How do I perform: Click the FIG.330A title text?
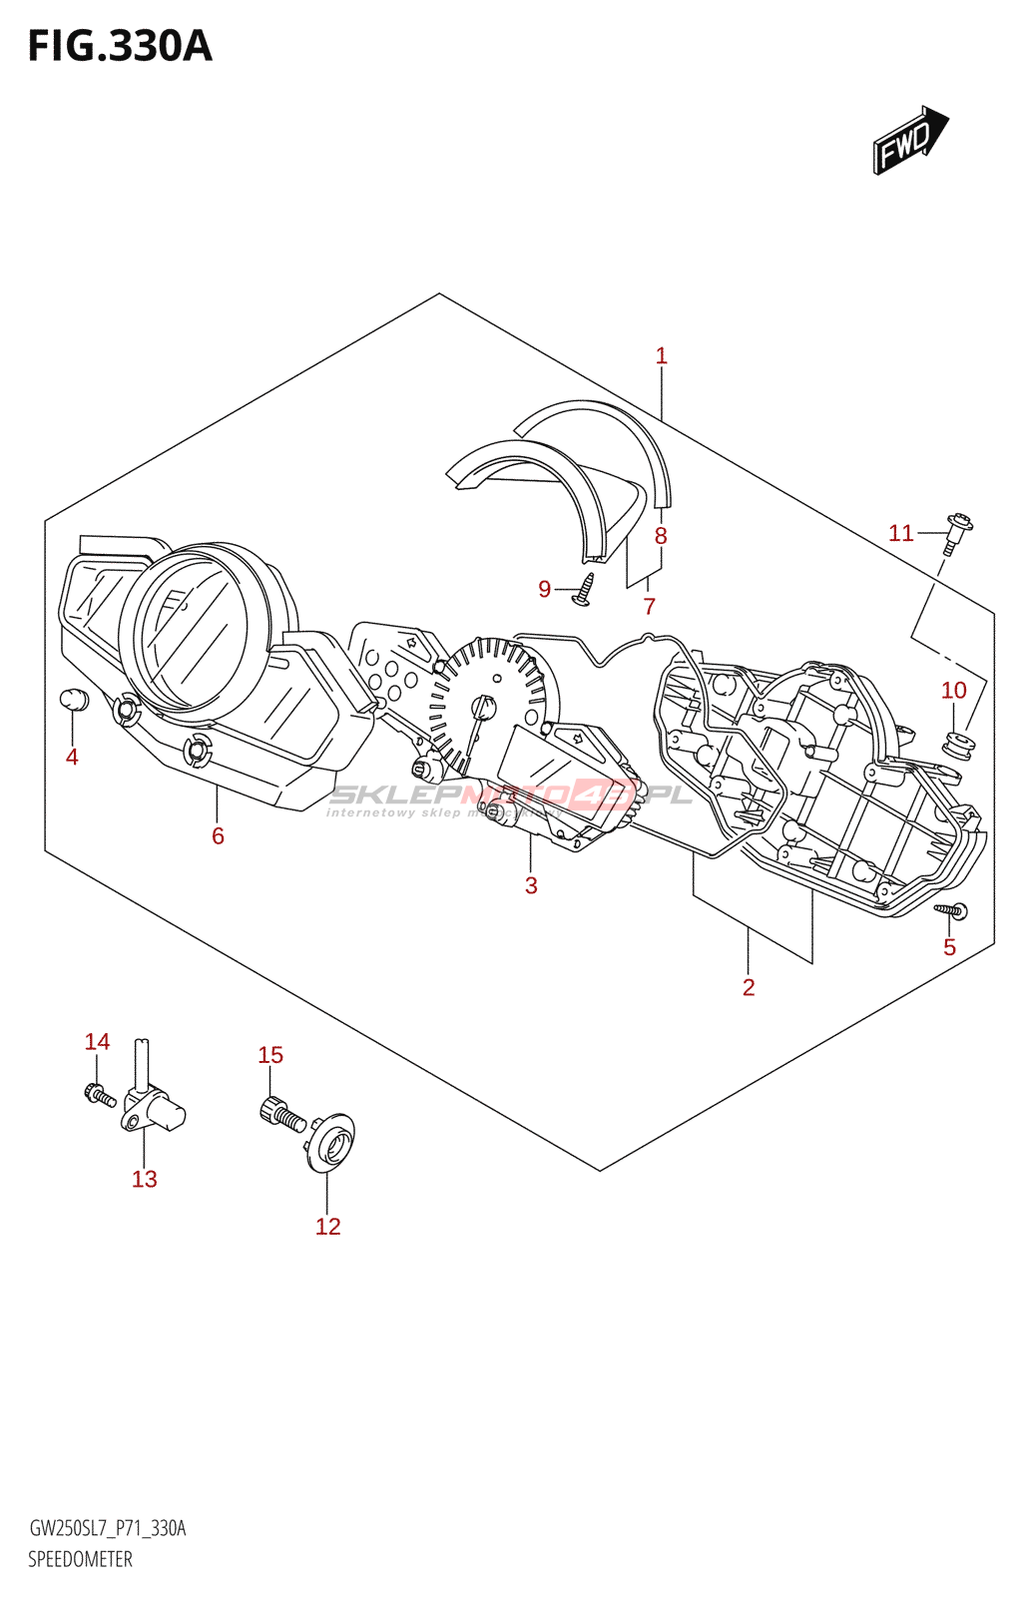pos(120,47)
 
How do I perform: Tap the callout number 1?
pos(661,355)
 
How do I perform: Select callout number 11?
pos(900,533)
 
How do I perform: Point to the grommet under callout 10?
pos(957,745)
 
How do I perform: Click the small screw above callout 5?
pos(950,909)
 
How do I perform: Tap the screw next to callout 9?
pos(585,588)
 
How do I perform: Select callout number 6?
pos(218,835)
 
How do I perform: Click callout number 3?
pos(531,885)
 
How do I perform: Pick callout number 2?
pos(749,987)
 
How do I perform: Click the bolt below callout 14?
pos(100,1096)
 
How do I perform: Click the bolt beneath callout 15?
pos(281,1114)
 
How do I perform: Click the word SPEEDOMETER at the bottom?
pos(80,1559)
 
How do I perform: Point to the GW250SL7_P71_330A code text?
pos(108,1528)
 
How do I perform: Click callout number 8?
pos(661,536)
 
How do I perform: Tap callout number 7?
pos(650,606)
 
